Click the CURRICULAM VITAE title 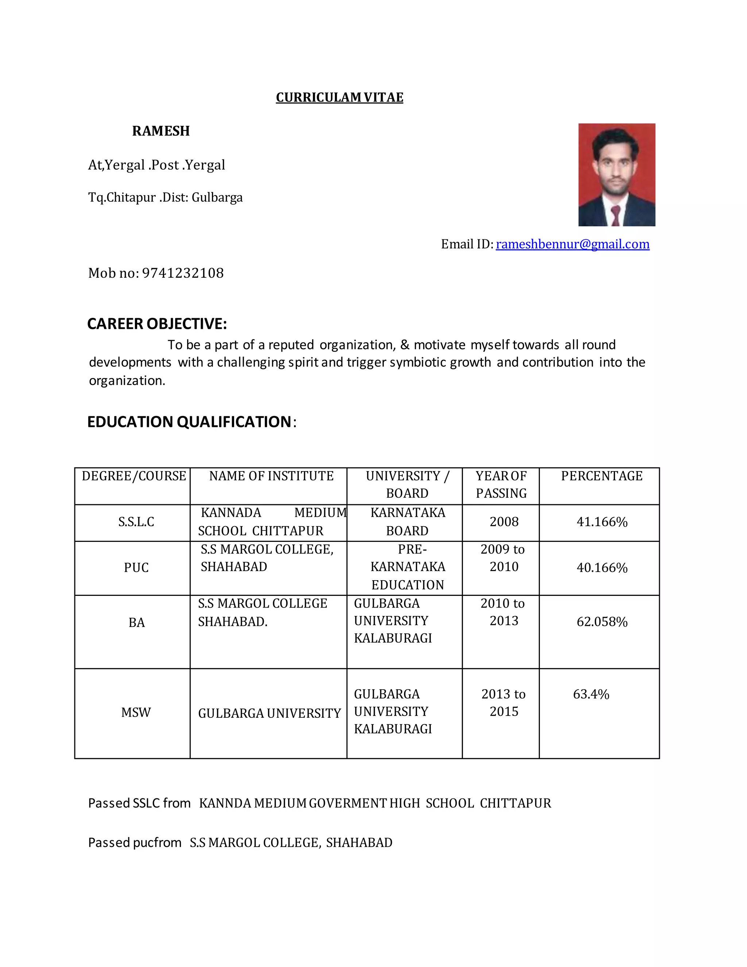340,97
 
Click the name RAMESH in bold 160,131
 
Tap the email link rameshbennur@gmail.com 572,244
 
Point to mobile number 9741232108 183,273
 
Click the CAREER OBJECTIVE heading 157,324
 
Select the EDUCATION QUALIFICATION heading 189,422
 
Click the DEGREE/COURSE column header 133,476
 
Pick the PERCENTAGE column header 601,476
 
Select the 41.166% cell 602,522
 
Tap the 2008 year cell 504,522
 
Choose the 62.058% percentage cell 602,622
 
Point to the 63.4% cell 591,694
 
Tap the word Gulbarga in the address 217,197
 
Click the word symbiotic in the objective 418,363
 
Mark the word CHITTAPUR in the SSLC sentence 515,803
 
